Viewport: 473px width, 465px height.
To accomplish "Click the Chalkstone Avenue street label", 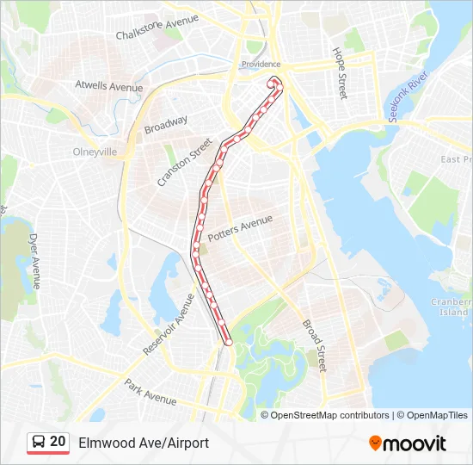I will click(157, 28).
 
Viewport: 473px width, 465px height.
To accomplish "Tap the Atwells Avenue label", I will click(108, 86).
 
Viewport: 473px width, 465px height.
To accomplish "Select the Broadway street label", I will click(165, 124).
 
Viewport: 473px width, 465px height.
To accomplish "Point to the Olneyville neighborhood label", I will click(95, 150).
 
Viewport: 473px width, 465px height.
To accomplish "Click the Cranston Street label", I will click(185, 163).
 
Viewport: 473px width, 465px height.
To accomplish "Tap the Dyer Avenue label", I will click(35, 260).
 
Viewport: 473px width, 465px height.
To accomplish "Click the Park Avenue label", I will click(150, 393).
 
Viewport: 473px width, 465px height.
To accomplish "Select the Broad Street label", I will click(314, 345).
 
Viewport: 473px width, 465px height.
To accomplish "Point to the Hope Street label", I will click(340, 73).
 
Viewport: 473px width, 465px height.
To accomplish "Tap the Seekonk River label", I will click(407, 96).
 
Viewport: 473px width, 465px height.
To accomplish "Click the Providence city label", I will click(261, 65).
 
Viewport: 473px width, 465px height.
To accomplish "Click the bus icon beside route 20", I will click(39, 443).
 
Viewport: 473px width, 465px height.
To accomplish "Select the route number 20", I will click(58, 442).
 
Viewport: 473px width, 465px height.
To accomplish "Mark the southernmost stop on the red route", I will click(229, 342).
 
